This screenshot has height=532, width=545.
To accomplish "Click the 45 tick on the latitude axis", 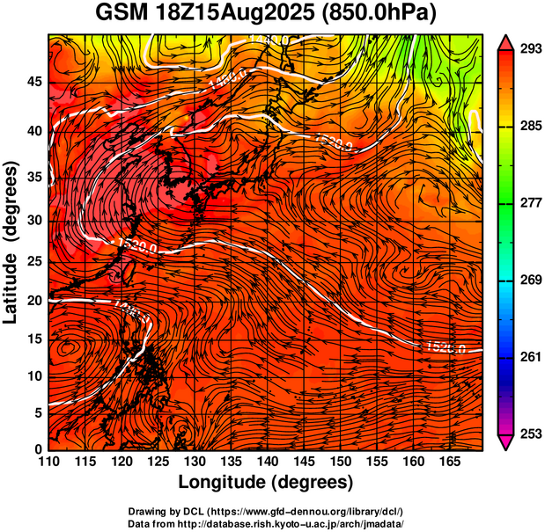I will point(33,83).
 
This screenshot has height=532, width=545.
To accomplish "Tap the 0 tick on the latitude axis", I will point(38,449).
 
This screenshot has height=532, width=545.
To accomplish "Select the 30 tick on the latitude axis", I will point(33,220).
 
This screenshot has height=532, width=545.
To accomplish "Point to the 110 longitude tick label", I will point(48,462).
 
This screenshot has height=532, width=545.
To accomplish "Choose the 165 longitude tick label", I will point(446,462).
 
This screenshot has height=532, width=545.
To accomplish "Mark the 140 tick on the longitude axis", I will point(266,462).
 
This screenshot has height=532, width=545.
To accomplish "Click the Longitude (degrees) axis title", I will point(266,482).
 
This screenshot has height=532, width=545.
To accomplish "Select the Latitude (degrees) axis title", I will point(13,242).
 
